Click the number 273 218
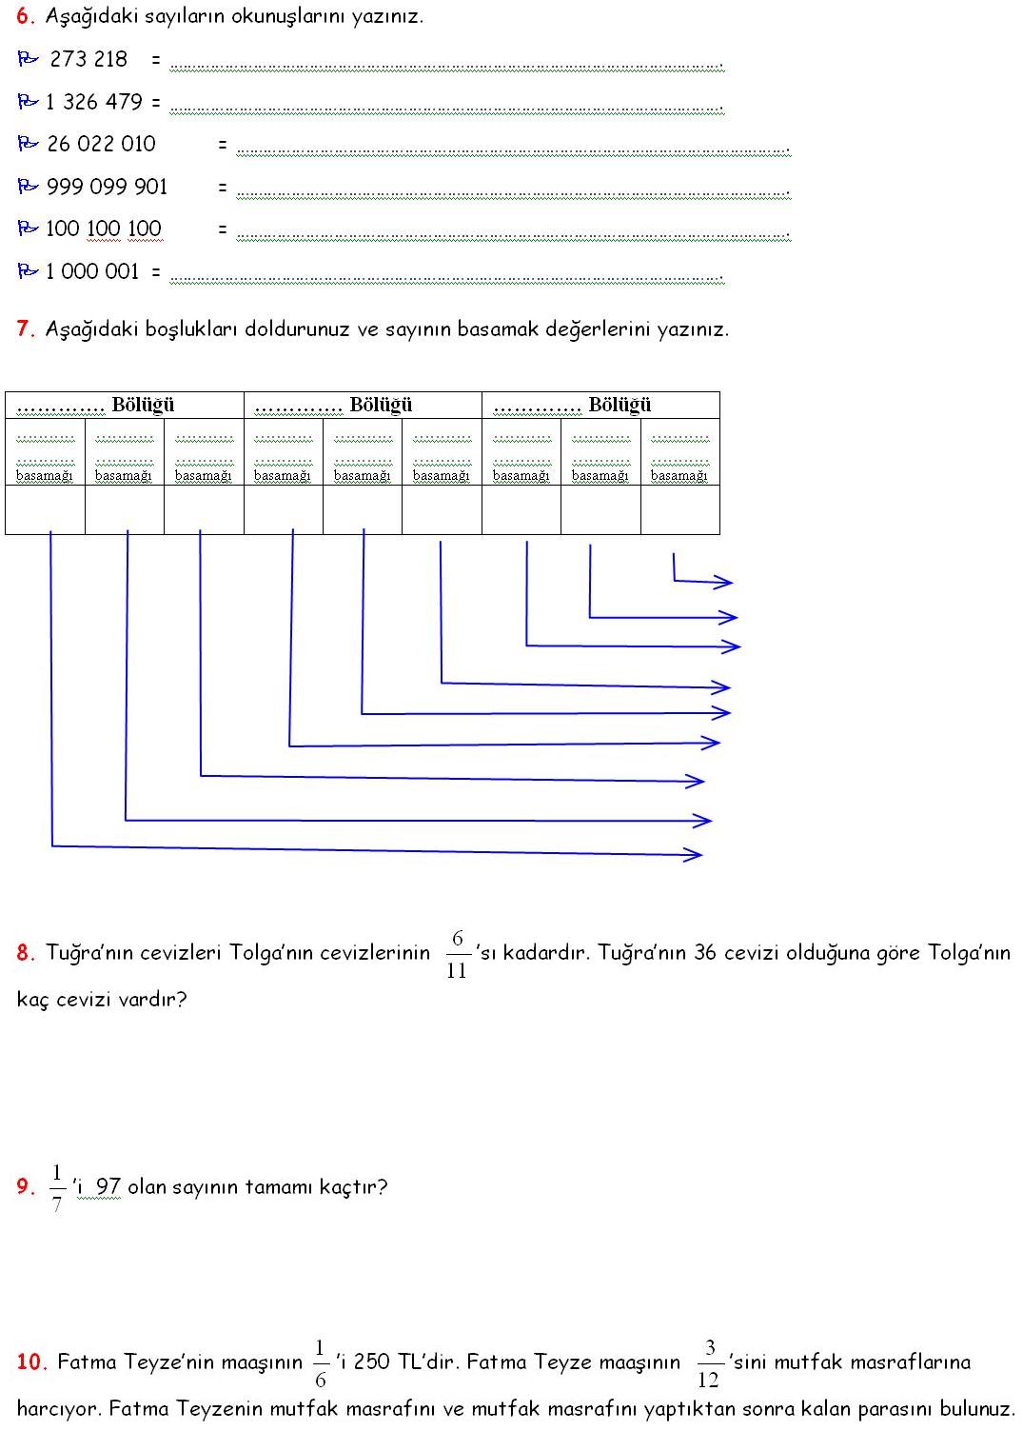click(x=89, y=59)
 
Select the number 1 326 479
click(x=93, y=102)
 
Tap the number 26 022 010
click(x=101, y=144)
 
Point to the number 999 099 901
click(x=107, y=187)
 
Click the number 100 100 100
click(x=103, y=229)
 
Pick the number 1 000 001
click(x=92, y=271)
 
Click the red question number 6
click(x=26, y=16)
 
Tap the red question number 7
click(x=26, y=329)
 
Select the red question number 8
click(x=26, y=953)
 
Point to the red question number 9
click(x=26, y=1187)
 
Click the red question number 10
click(x=31, y=1362)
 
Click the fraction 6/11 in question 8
click(x=457, y=954)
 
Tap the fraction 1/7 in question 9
click(x=57, y=1188)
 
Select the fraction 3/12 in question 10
click(x=709, y=1363)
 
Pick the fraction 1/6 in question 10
click(x=320, y=1363)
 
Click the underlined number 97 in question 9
click(x=108, y=1187)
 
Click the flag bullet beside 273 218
click(x=28, y=59)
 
